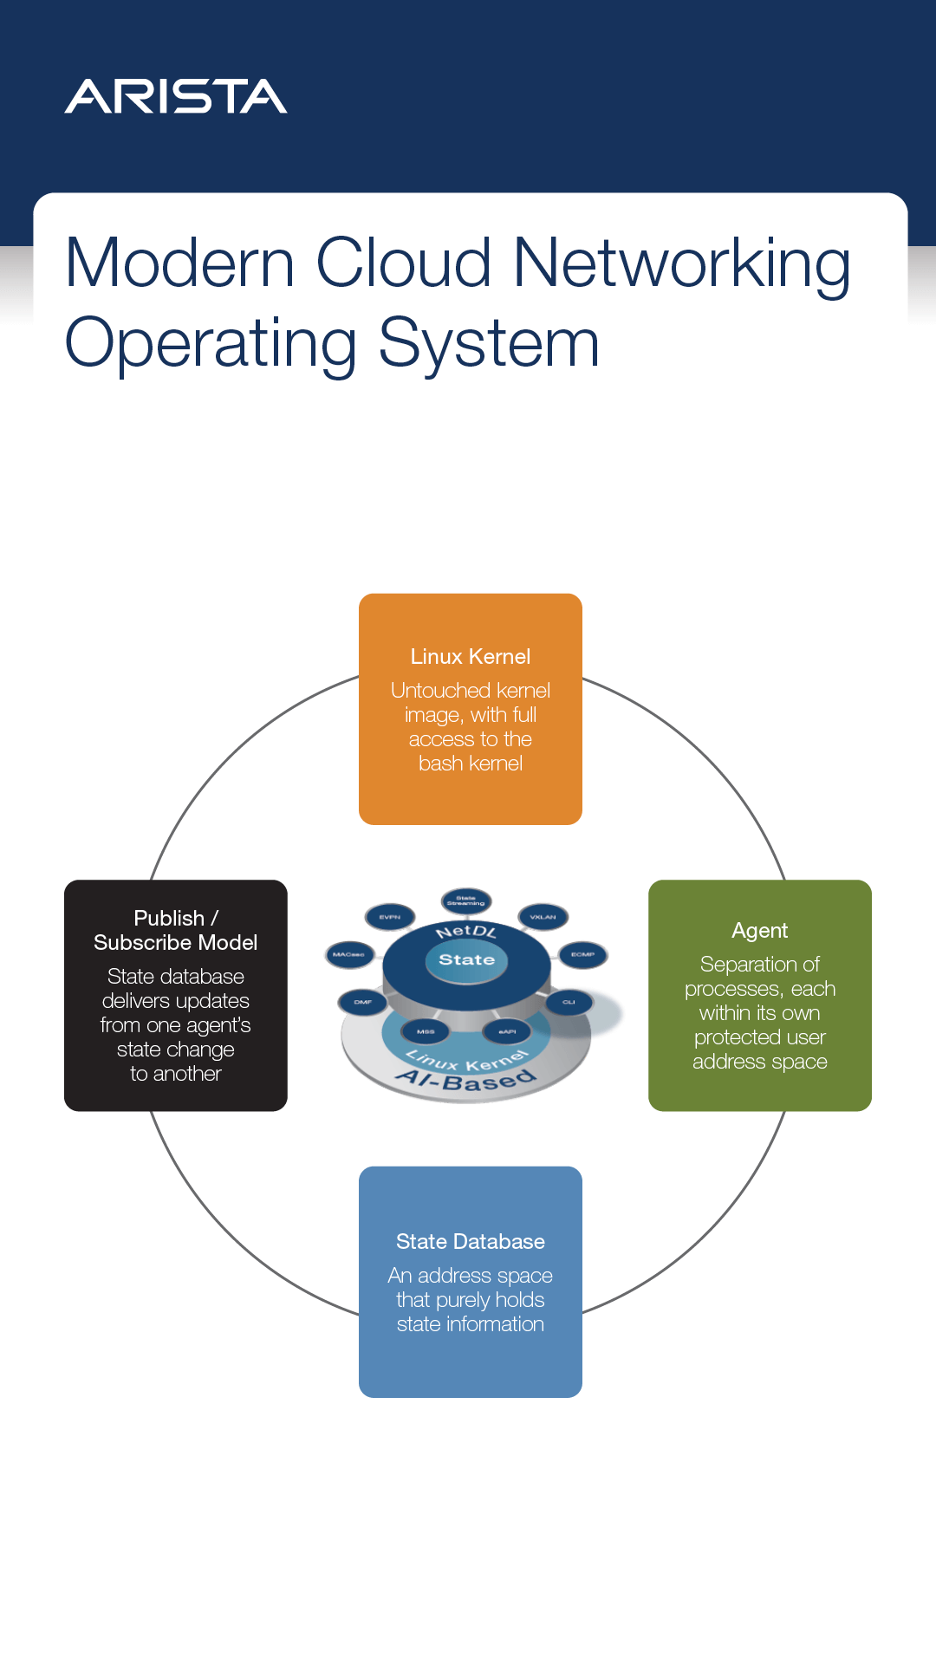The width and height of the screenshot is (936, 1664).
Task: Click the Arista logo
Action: click(x=176, y=96)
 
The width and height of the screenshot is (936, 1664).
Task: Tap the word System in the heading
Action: click(x=489, y=343)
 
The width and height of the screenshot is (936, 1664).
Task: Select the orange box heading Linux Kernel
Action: click(x=470, y=657)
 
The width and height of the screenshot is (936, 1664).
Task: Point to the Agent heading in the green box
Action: click(x=759, y=931)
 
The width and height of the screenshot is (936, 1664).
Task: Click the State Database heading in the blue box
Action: click(x=470, y=1242)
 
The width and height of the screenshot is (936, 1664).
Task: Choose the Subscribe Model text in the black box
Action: click(x=175, y=943)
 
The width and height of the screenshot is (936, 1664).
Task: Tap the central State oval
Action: click(x=466, y=960)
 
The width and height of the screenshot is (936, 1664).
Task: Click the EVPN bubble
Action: click(x=389, y=917)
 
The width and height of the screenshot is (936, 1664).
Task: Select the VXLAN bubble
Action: click(x=543, y=917)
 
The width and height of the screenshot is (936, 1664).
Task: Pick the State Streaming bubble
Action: click(x=465, y=901)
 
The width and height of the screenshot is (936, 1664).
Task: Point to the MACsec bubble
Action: click(x=348, y=955)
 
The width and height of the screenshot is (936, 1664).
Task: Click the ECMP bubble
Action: click(x=582, y=955)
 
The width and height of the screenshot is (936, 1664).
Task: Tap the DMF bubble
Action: click(x=362, y=1003)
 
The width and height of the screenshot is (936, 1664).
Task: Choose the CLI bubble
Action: click(x=569, y=1003)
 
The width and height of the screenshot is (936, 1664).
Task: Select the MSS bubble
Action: click(x=426, y=1032)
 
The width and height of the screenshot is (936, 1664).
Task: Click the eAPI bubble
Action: click(x=507, y=1032)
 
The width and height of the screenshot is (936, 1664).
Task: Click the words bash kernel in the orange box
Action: click(x=470, y=764)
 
